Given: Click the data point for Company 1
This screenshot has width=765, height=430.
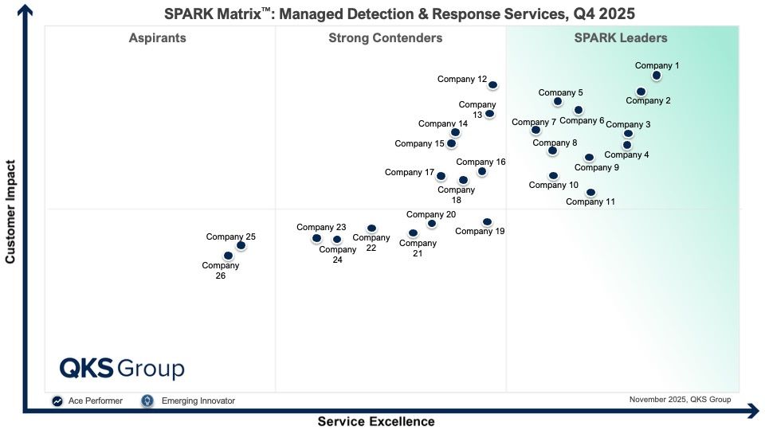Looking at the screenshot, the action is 656,76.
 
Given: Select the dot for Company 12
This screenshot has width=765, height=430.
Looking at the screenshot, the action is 492,85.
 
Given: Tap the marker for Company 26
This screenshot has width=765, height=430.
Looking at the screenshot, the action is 228,256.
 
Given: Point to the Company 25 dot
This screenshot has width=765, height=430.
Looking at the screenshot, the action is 241,245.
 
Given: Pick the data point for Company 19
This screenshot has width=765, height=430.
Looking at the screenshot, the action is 487,222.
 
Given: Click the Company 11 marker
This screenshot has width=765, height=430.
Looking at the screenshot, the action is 590,192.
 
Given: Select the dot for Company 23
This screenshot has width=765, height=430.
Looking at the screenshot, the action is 316,238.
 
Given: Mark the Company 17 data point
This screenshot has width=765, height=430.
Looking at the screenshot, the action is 441,176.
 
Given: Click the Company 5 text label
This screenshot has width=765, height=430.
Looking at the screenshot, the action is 560,92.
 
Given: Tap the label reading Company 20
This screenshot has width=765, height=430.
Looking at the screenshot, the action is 431,214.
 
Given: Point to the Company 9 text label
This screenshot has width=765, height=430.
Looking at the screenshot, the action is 596,167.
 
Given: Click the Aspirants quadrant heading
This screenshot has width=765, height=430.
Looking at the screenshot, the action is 157,37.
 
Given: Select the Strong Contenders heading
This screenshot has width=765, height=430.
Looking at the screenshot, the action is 386,37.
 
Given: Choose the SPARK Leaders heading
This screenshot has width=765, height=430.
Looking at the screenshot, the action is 621,37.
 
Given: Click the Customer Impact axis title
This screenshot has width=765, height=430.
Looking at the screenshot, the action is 10,212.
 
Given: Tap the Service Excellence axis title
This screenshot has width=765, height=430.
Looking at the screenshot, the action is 376,421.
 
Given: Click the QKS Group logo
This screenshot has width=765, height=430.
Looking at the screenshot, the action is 122,369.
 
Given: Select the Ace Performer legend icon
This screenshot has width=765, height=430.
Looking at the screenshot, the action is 57,401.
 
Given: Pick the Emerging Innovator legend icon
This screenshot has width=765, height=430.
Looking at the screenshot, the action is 147,401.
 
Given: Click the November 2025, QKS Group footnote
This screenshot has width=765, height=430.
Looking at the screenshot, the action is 680,399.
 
